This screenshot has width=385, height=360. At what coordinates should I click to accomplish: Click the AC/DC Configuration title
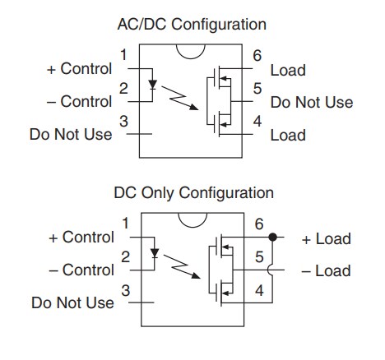pos(192,25)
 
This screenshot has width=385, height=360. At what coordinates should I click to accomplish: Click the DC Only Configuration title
pos(193,193)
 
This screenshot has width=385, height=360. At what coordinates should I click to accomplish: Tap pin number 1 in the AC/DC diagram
pos(124,55)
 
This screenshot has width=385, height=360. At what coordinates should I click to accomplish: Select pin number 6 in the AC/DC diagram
pos(257,54)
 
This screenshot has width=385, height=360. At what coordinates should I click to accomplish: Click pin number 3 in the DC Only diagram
pos(125,289)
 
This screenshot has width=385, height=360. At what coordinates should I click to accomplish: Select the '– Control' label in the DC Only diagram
pos(80,270)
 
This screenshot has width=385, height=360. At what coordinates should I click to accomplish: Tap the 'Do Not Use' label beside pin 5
pos(312,103)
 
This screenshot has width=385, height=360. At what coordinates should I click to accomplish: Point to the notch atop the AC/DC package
pos(192,51)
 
